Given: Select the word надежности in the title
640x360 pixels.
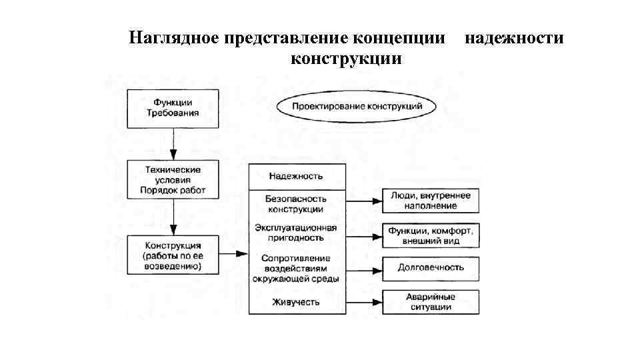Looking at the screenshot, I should click(513, 38).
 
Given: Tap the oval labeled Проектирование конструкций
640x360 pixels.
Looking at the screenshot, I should click(359, 107).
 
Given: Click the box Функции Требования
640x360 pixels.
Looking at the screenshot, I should click(173, 108).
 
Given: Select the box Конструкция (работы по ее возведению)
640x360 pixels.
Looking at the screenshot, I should click(173, 254).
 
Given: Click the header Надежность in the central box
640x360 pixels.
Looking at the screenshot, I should click(296, 176).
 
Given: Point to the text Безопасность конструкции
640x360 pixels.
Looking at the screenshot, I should click(296, 204).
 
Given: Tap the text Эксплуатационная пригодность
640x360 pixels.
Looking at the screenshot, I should click(296, 233).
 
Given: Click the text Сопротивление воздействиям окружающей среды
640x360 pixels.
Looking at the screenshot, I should click(296, 268).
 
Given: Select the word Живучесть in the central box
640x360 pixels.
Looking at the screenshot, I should click(296, 302).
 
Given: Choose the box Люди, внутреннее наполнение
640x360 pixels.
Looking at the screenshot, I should click(430, 201).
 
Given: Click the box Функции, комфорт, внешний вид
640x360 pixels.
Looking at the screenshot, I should click(430, 235).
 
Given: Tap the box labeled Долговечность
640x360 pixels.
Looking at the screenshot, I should click(430, 268).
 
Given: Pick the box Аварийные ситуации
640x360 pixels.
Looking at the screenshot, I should click(430, 302).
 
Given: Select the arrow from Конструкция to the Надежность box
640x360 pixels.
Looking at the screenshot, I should click(233, 254).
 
